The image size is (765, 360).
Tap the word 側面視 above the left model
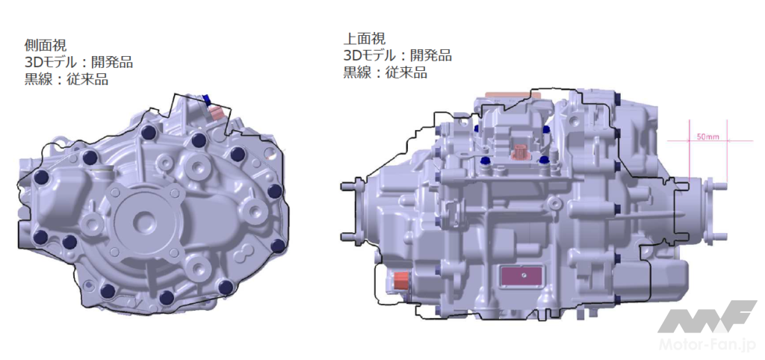point(46,46)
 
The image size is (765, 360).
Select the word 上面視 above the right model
point(365,38)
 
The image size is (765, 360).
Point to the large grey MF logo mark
point(707,316)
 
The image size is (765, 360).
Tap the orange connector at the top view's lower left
point(400,282)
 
